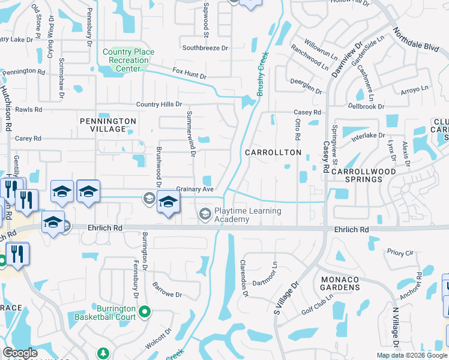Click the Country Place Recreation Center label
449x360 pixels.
125,60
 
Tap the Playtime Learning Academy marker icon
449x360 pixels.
205,214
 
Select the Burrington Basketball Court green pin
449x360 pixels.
144,311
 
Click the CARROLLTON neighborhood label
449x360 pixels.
273,152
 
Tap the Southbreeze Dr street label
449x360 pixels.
205,47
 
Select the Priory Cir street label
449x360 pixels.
400,253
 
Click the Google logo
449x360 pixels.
20,353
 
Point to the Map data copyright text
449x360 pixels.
411,355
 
